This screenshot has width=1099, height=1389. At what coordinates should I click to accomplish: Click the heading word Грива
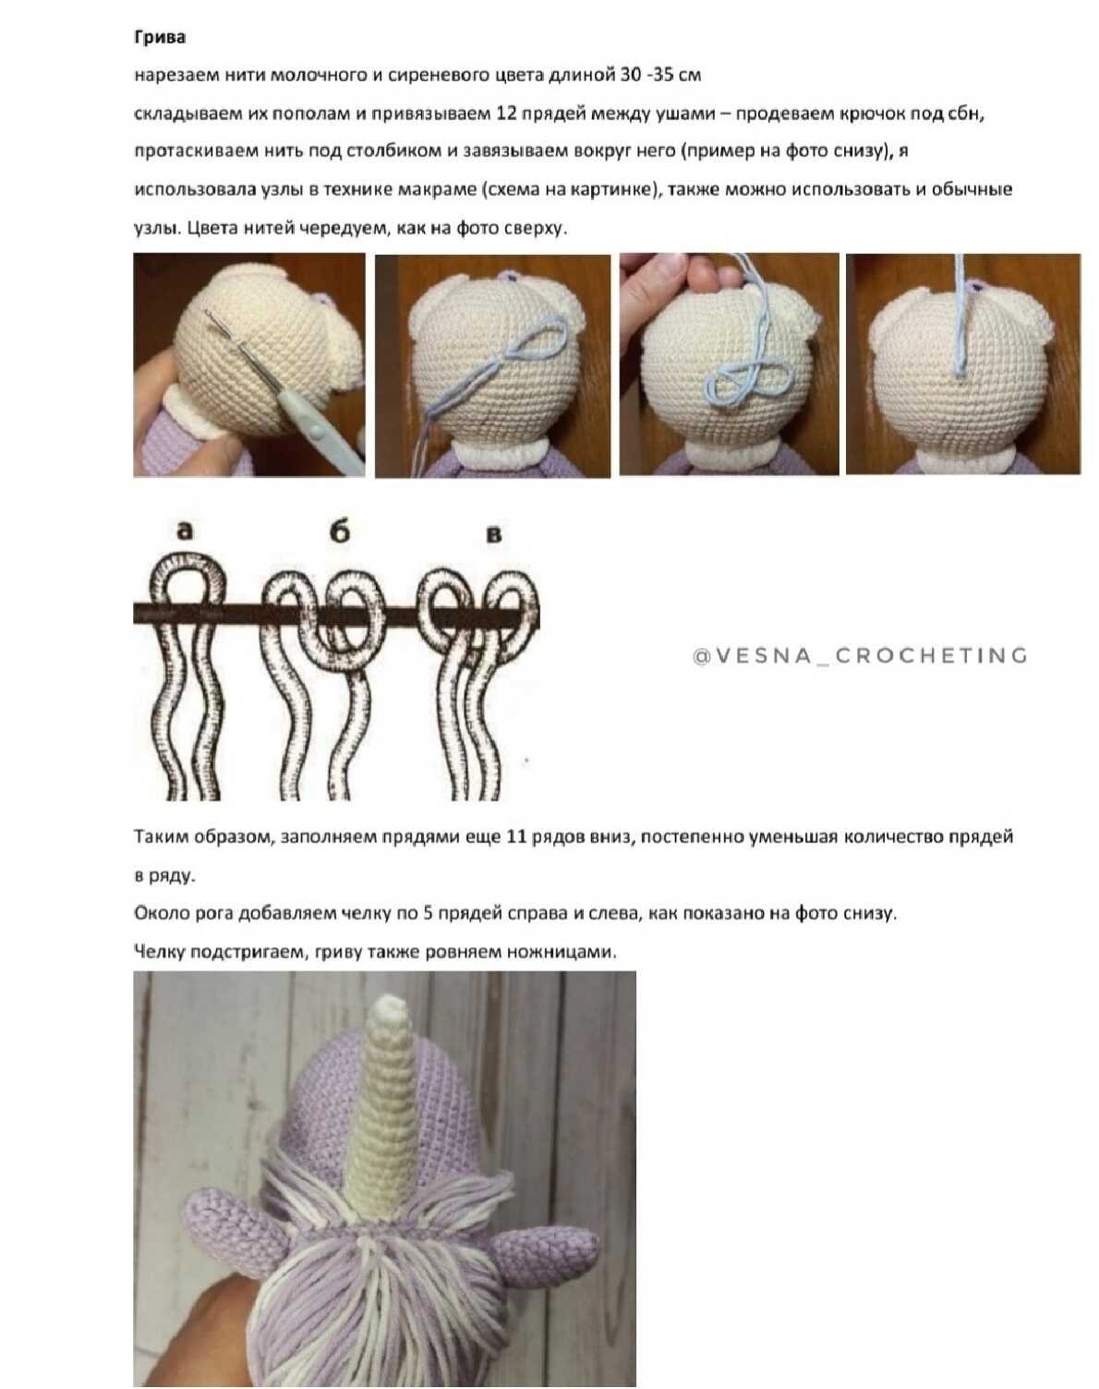[160, 38]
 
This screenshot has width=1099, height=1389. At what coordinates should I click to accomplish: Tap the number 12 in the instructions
[506, 114]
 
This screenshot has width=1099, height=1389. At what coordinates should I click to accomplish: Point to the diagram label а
[185, 530]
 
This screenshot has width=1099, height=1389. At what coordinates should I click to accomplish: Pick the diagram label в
[493, 534]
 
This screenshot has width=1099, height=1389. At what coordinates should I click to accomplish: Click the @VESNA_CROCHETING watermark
[860, 656]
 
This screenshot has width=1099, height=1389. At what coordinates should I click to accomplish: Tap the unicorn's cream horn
[386, 1109]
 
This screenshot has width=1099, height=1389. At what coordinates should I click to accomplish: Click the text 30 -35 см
[660, 76]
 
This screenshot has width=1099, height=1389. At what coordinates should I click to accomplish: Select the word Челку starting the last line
[155, 952]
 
